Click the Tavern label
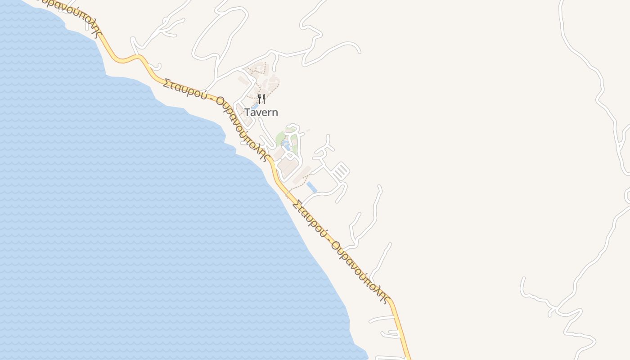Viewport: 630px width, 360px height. [261, 112]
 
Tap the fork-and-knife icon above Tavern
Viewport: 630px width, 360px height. [261, 99]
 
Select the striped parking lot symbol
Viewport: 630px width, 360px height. [341, 171]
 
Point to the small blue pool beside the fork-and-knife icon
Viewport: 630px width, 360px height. [255, 106]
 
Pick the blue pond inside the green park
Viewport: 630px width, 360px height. [285, 145]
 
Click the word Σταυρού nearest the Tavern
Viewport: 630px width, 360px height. [185, 89]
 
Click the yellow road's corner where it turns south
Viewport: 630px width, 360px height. [391, 301]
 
